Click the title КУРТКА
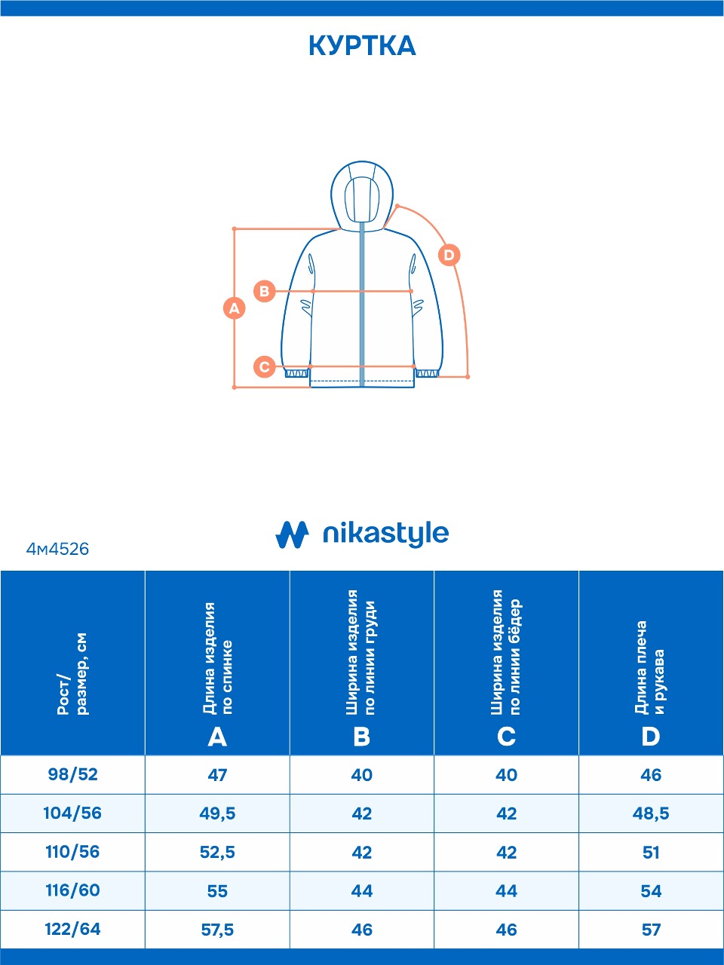point(362,46)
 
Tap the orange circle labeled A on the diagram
point(235,308)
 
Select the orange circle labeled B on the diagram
point(265,291)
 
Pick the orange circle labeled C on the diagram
point(264,367)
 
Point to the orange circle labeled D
point(449,255)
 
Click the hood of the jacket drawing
point(363,192)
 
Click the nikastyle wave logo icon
point(292,535)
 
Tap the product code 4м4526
point(57,550)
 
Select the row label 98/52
point(72,775)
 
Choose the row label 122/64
point(72,930)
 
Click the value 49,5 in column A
point(217,813)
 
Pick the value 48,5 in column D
point(651,813)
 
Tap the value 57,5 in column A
point(217,930)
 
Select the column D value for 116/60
point(651,891)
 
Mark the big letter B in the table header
point(362,737)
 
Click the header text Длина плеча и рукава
point(651,668)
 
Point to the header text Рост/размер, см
point(72,674)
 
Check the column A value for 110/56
point(217,852)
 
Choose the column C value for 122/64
point(506,930)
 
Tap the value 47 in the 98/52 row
point(217,775)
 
